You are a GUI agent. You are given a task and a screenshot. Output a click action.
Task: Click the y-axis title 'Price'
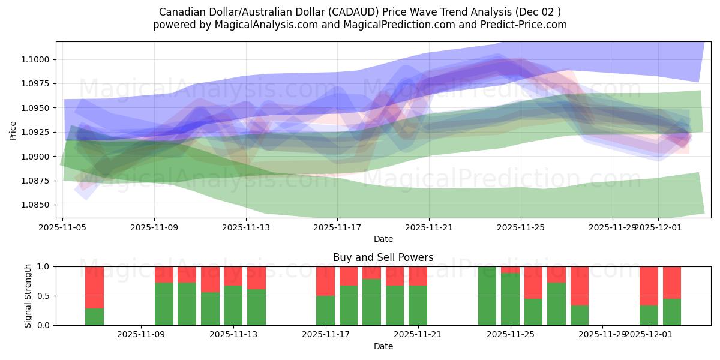click(x=13, y=130)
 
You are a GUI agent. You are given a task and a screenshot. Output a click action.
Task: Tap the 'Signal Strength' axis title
click(x=28, y=296)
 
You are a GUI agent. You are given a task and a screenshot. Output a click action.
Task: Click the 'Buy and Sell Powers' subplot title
click(x=383, y=257)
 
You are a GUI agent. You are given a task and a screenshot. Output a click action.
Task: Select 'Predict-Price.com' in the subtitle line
click(x=521, y=25)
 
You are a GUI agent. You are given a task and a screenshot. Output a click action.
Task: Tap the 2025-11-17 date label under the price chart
click(x=337, y=228)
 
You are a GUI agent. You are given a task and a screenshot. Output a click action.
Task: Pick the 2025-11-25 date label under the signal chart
click(x=511, y=335)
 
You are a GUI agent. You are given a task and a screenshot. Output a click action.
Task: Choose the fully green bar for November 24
click(x=487, y=296)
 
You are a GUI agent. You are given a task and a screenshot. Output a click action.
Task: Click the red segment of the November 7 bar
click(x=94, y=287)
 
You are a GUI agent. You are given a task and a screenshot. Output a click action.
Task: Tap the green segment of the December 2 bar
click(x=672, y=312)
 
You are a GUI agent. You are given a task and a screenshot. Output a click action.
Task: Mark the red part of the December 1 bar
click(x=649, y=286)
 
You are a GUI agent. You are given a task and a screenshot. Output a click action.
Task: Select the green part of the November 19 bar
click(x=371, y=302)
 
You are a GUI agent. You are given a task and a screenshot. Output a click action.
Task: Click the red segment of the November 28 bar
click(x=580, y=286)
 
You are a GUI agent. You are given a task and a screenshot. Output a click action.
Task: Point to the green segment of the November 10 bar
click(x=164, y=304)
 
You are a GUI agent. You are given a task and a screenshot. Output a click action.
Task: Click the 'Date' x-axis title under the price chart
click(x=383, y=239)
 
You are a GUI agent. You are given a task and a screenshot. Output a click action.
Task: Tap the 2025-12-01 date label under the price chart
click(x=658, y=228)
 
